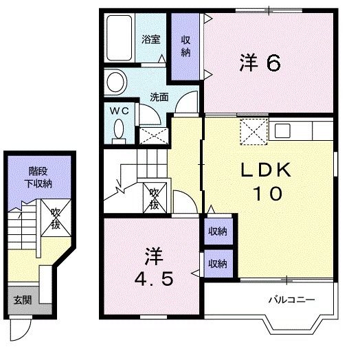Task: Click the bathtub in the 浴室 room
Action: point(120,38)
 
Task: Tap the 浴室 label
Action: point(150,39)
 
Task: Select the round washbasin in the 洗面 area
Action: point(117,82)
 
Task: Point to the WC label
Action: point(119,111)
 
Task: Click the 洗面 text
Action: point(159,97)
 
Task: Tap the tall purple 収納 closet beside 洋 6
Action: point(185,47)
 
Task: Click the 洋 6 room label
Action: point(260,63)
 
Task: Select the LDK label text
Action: point(266,170)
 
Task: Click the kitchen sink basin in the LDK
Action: point(283,131)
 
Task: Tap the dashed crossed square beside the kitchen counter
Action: point(254,131)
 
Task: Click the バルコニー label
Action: point(291,300)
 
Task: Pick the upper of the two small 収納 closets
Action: point(218,232)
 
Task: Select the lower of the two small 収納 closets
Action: point(218,263)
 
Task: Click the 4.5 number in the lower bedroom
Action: point(154,280)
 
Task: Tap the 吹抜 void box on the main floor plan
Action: point(155,198)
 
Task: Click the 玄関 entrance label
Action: point(23,300)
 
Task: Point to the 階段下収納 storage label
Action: point(38,177)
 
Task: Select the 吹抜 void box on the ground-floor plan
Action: point(56,218)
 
